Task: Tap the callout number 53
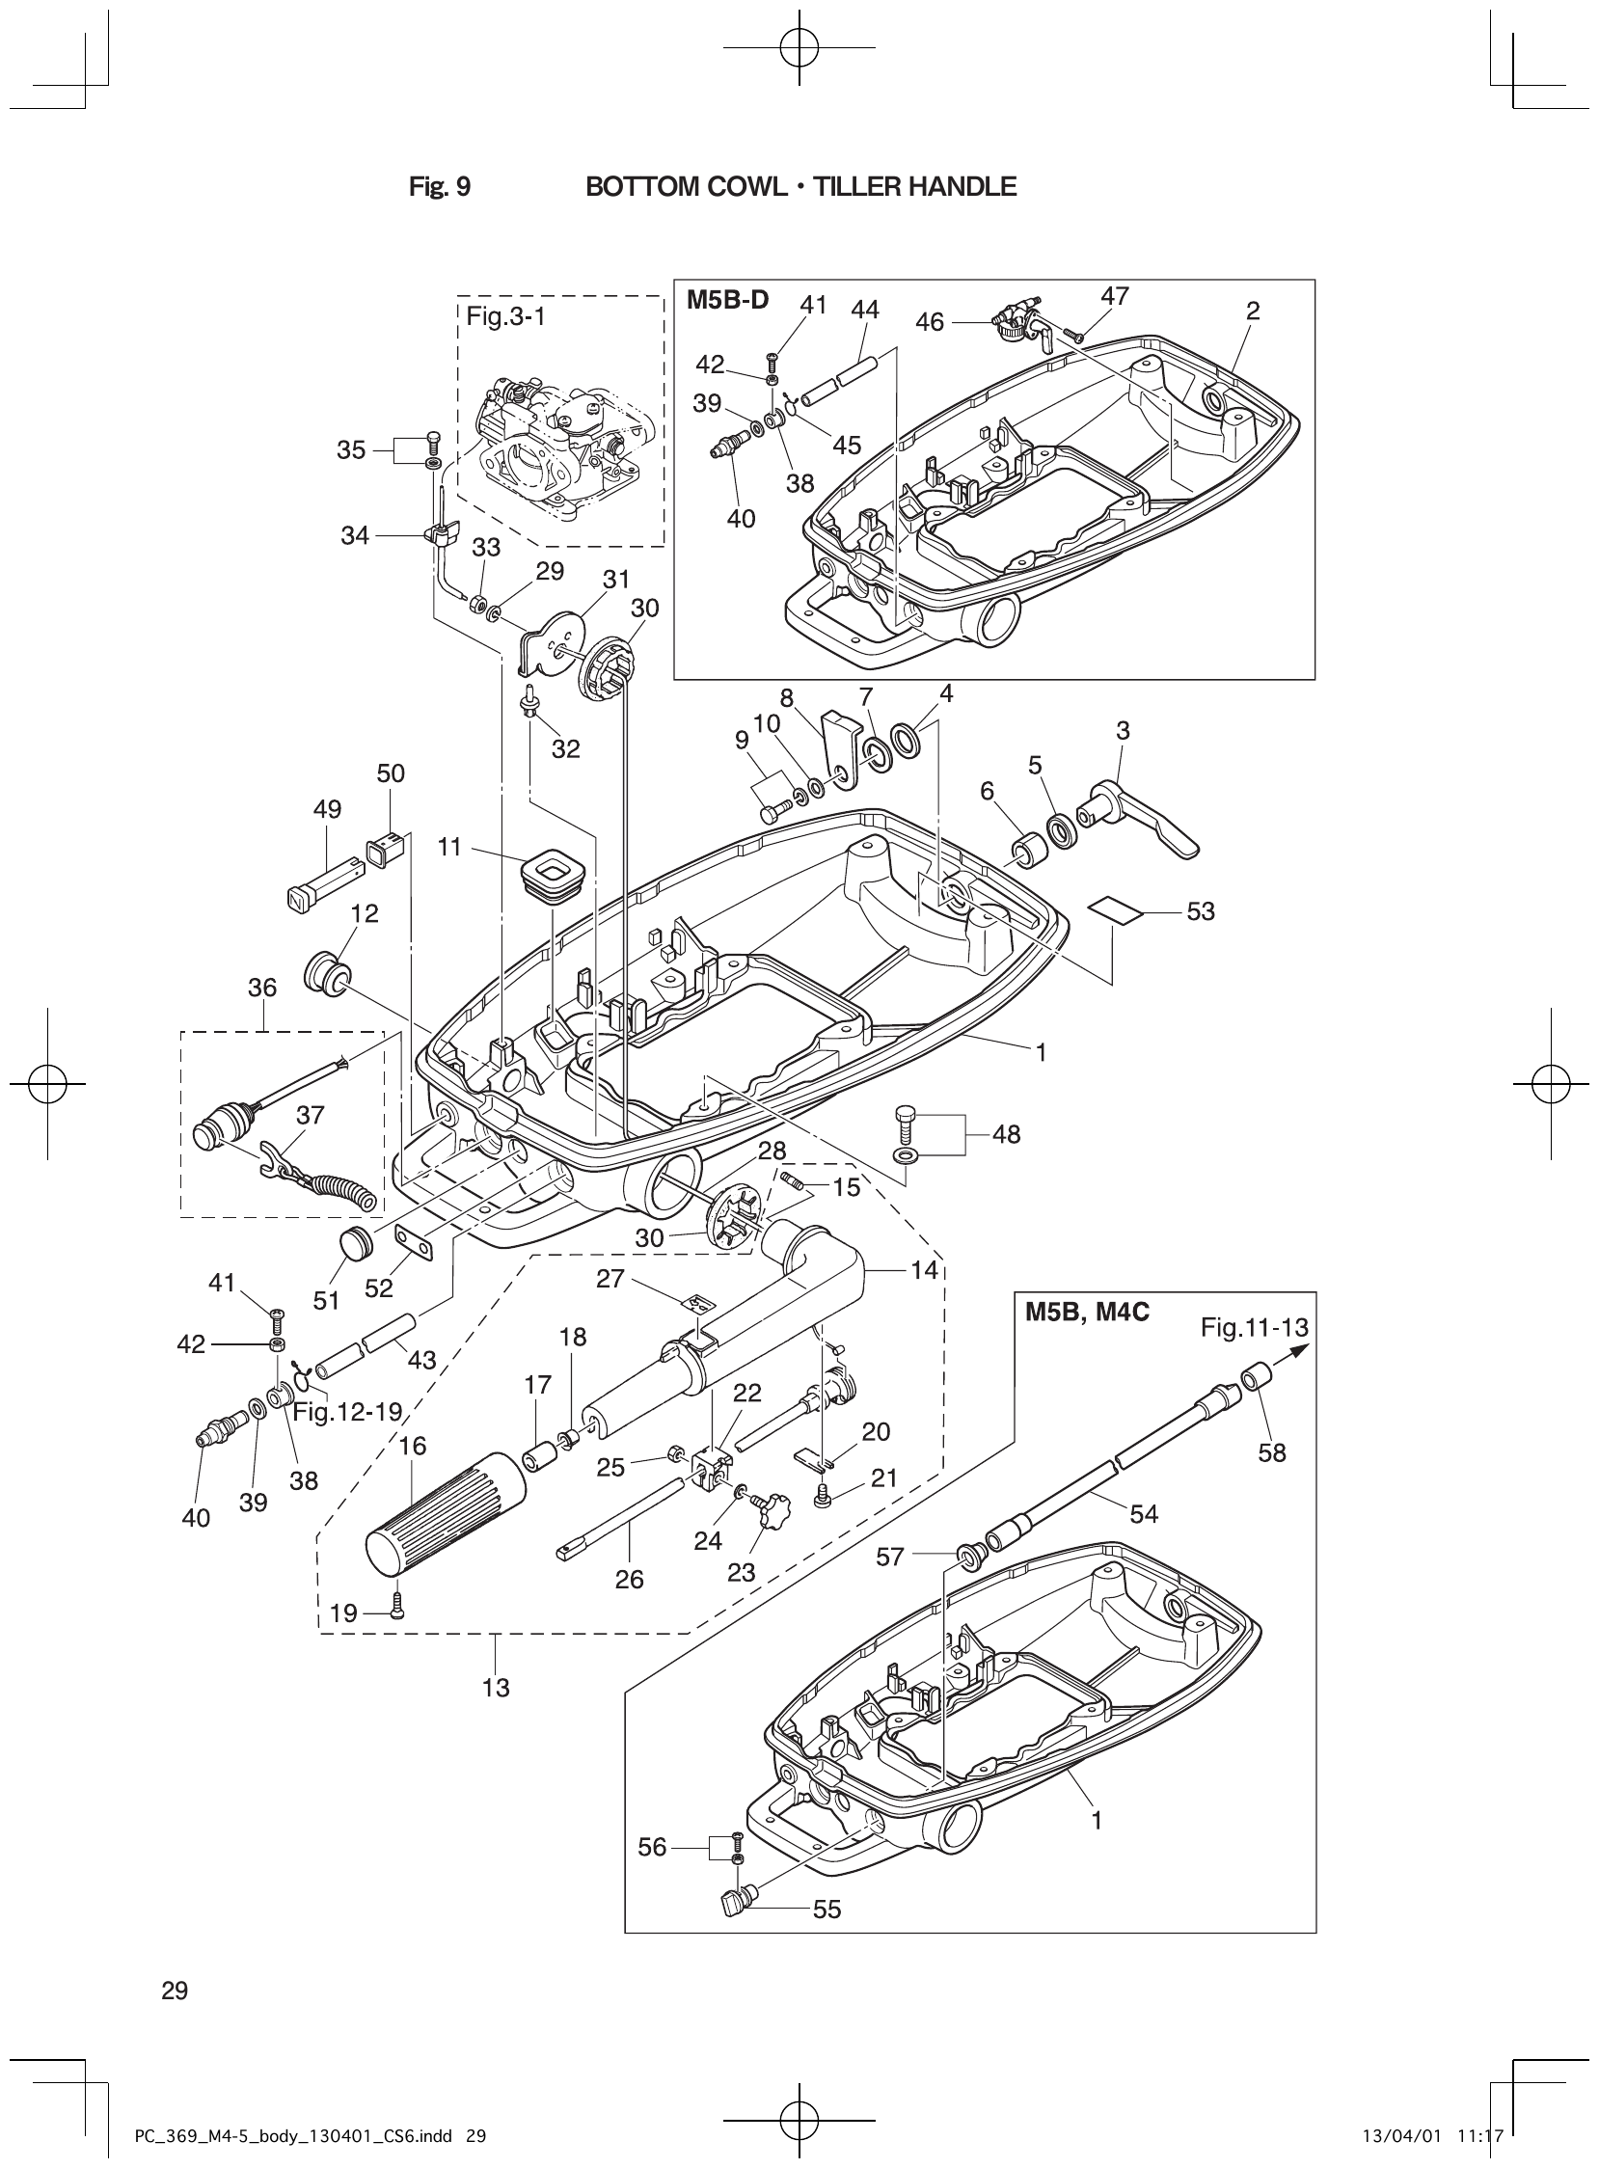click(1201, 911)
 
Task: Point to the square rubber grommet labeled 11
click(553, 872)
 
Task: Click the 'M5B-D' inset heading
click(727, 299)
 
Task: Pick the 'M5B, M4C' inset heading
click(1087, 1315)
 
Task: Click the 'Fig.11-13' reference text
click(1255, 1327)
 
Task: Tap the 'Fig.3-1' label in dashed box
click(505, 316)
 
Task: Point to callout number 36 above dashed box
click(262, 988)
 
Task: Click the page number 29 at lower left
click(176, 1991)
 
